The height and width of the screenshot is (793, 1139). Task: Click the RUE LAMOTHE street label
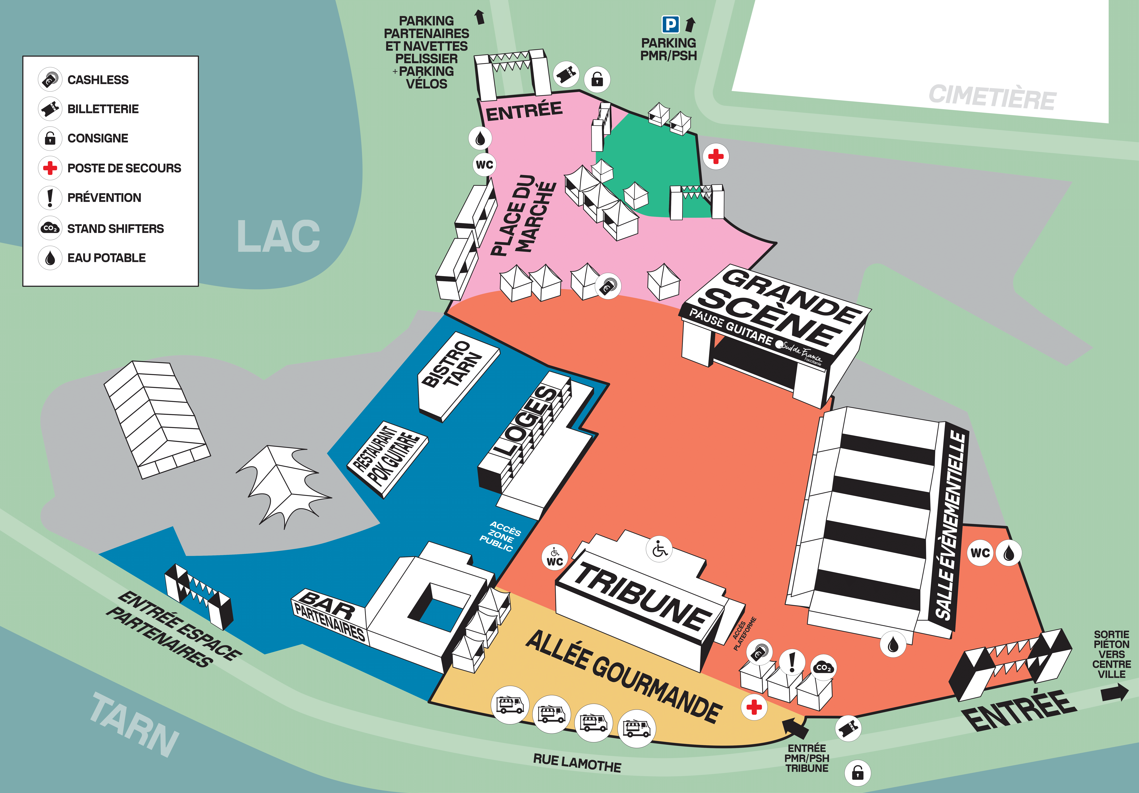click(x=577, y=763)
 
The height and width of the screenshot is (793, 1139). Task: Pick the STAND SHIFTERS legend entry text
click(x=116, y=229)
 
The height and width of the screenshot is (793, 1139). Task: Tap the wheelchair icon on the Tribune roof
click(x=660, y=549)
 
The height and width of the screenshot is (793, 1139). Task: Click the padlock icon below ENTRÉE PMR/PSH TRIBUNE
click(x=858, y=773)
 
